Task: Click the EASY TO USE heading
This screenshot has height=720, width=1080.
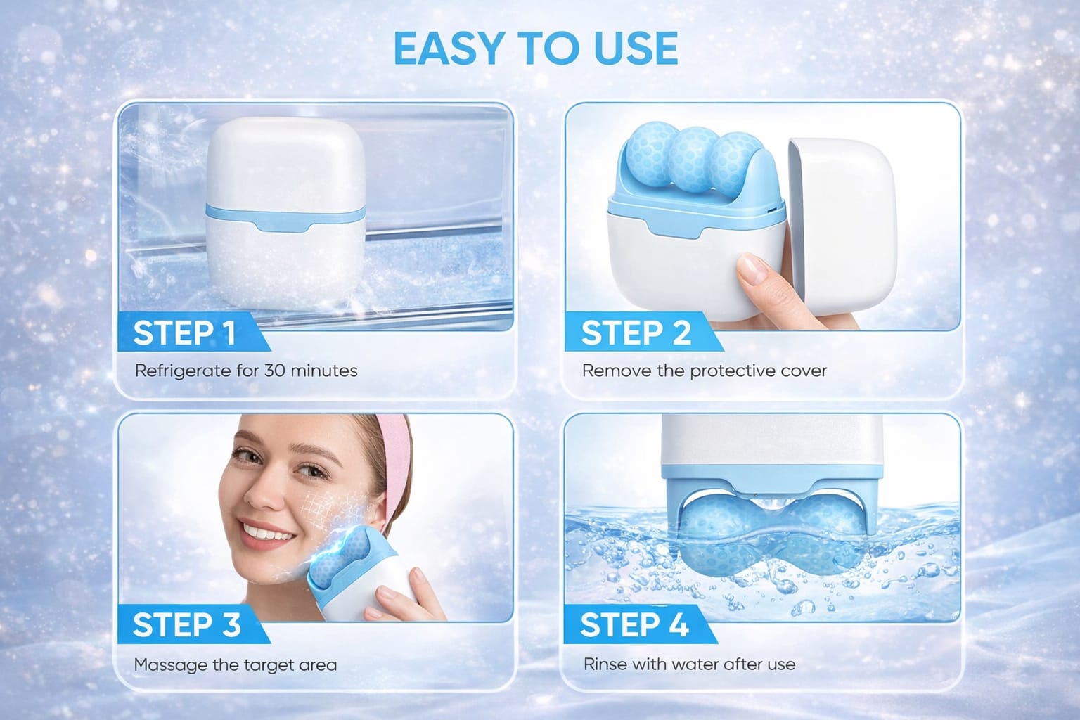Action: [x=536, y=49]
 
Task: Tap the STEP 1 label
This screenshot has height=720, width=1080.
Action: [x=184, y=333]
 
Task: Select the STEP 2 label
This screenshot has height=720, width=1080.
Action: [x=636, y=333]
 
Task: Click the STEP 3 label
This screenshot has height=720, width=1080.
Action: [x=186, y=625]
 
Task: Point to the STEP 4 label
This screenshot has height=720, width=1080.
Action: [x=634, y=625]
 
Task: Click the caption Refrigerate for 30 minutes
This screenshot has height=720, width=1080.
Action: [x=246, y=371]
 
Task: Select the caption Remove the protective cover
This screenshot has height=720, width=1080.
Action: [x=704, y=371]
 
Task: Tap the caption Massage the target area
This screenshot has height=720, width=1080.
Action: [x=235, y=664]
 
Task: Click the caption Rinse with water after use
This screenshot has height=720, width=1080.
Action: [x=689, y=664]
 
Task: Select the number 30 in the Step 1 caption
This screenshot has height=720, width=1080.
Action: [x=274, y=371]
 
